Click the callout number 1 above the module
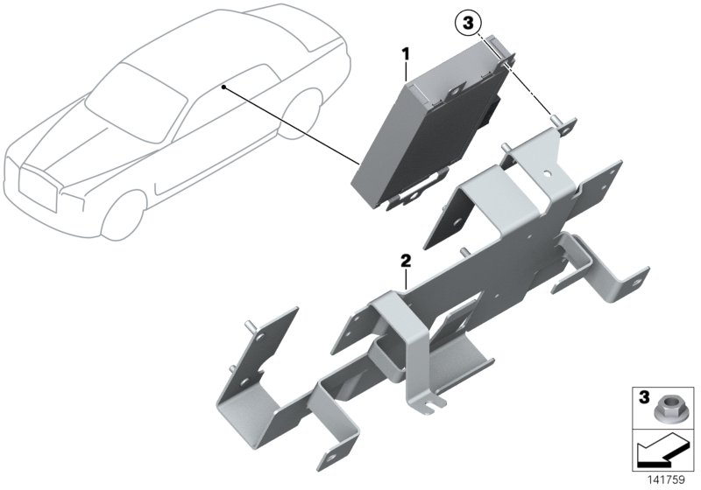406,54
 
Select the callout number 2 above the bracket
406,261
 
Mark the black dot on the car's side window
224,87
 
